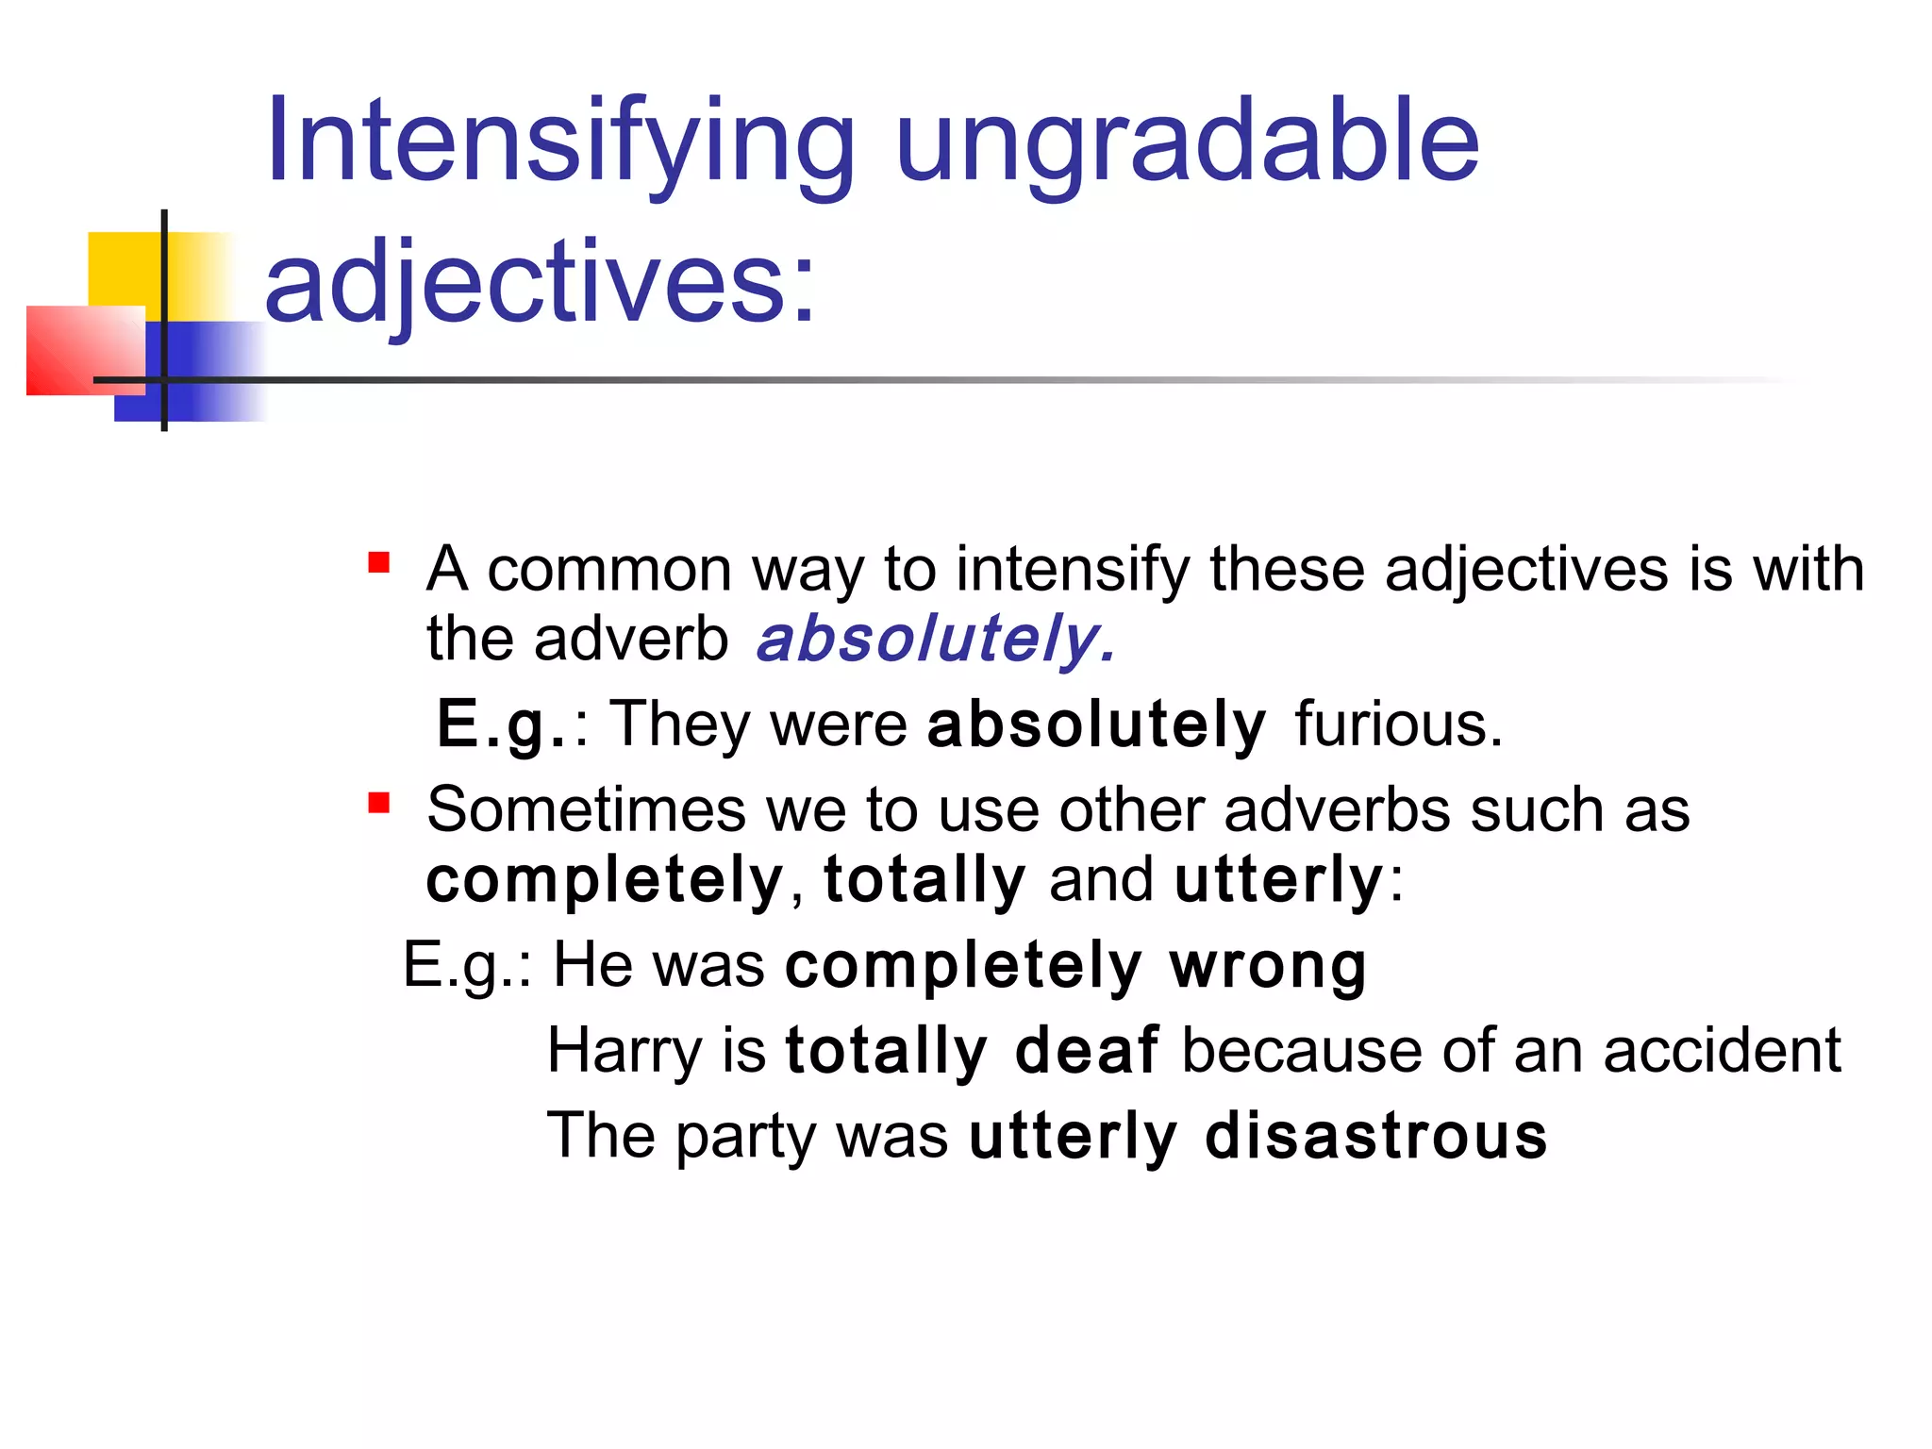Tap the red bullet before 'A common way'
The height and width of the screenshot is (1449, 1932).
coord(379,563)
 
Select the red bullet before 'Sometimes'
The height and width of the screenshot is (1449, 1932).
coord(379,804)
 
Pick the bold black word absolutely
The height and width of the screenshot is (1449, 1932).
coord(1096,724)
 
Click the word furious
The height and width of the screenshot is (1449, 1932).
coord(1398,724)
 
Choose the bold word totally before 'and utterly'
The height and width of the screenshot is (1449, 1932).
coord(924,879)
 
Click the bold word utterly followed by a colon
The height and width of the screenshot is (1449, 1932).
coord(1278,879)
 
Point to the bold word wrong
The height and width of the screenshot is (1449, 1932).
coord(1268,966)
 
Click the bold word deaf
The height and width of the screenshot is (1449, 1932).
coord(1087,1050)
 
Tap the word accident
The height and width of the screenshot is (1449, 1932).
coord(1722,1050)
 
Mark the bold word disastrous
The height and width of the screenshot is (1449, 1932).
coord(1376,1135)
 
